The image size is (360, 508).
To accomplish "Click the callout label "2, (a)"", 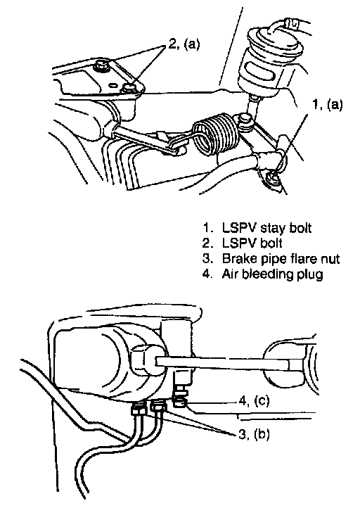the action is point(184,44).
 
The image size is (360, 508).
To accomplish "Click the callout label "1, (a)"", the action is point(327,105).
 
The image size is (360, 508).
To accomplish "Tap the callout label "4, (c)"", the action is point(254,401).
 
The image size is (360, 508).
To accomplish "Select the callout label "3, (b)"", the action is point(254,434).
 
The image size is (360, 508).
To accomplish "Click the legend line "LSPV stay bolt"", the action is point(257,228).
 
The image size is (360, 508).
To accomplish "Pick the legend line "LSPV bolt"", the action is point(243,243).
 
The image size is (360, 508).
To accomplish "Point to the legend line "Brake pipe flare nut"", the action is point(271,258).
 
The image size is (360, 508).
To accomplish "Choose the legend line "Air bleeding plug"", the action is point(263,274).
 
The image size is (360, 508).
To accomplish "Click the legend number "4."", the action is point(207,274).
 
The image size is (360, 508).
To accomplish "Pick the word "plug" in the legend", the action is point(310,275).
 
